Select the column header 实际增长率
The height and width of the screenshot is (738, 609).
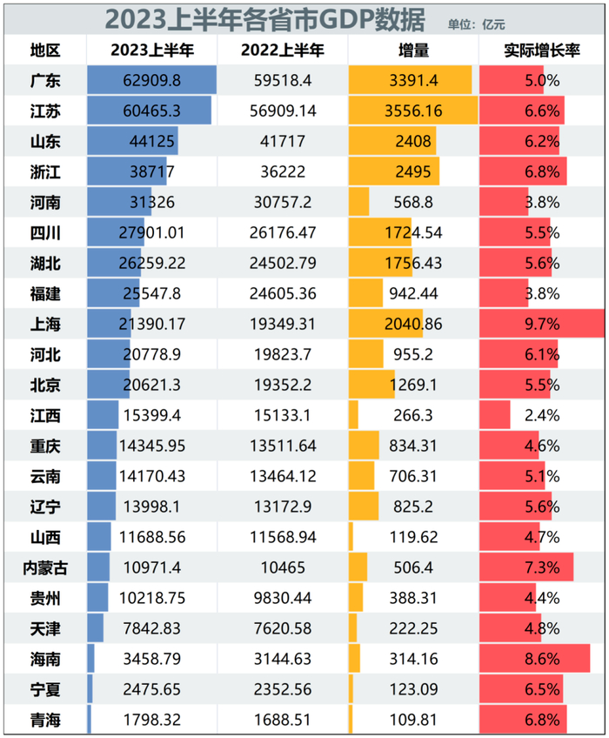coord(542,50)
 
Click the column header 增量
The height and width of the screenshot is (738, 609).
coord(413,50)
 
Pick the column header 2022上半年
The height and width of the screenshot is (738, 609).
coord(282,50)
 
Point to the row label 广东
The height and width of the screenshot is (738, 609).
coord(44,81)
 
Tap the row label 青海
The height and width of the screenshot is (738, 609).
coord(44,720)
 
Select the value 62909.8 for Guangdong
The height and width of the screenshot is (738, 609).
coord(151,81)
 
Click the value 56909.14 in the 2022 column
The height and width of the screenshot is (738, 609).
coord(282,111)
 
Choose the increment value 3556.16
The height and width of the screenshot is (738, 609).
coord(413,111)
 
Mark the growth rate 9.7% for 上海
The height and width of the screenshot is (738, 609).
coord(542,324)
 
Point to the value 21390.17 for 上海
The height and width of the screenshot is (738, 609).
coord(151,324)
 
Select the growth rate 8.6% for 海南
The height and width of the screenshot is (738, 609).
coord(542,659)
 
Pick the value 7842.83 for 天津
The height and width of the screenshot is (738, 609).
coord(151,628)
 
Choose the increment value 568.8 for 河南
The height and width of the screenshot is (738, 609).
coord(413,203)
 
